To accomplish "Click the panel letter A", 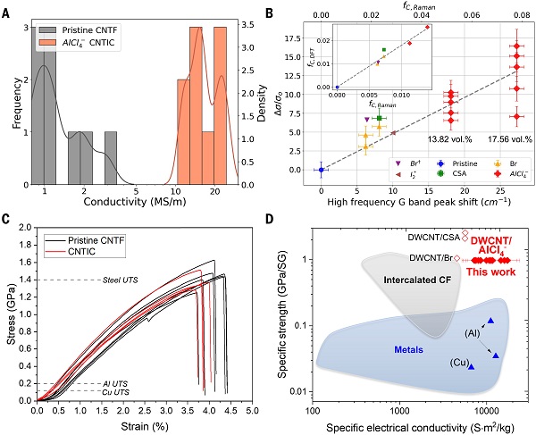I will pos(8,10).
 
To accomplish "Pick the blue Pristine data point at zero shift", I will pos(321,169).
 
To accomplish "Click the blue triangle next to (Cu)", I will pos(470,366).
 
